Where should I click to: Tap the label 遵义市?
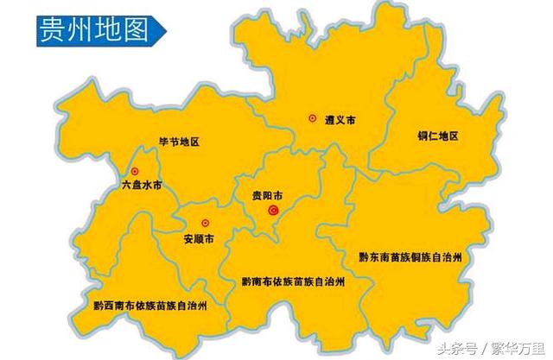(340, 121)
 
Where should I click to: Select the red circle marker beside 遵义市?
(312, 118)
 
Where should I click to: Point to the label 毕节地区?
(179, 142)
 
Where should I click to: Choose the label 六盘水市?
(142, 186)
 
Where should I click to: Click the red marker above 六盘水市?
(135, 170)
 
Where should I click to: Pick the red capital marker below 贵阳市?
(274, 210)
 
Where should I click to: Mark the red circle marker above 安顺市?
(205, 221)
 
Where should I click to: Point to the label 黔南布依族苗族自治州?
(294, 281)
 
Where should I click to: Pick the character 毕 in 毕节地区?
(163, 142)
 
